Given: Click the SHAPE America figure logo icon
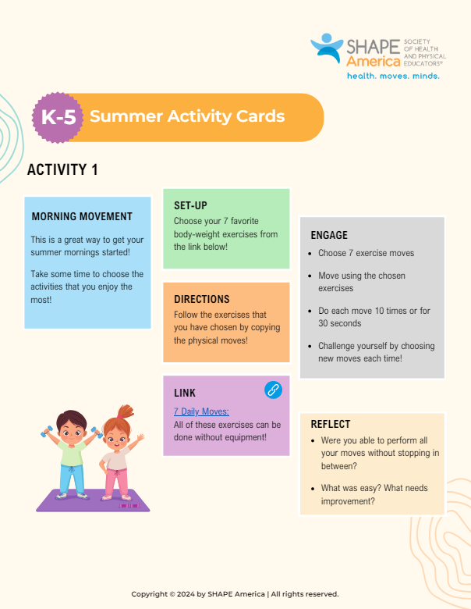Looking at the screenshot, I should coord(328,47).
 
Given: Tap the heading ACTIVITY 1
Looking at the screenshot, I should coord(62,169).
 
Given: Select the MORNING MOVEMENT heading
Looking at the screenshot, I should coord(82,216).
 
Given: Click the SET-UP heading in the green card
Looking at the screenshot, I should coord(190,205).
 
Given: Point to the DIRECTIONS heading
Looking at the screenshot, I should coord(201,299).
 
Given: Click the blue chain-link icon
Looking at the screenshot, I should coord(274,390).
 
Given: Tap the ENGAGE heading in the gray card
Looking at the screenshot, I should coord(329,235).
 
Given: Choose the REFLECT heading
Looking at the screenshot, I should coord(331,424).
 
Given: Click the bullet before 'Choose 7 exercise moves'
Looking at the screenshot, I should coord(310,254).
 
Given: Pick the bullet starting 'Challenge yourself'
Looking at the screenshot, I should coord(310,346).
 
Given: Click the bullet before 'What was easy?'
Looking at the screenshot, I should coord(312,489).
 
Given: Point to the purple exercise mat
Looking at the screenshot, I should coord(92,501).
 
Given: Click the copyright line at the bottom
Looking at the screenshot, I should coord(235,594).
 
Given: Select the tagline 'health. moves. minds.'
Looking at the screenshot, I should coord(393,76).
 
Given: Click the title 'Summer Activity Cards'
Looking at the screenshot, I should coord(187,117).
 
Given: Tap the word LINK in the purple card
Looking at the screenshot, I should coord(185,393).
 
